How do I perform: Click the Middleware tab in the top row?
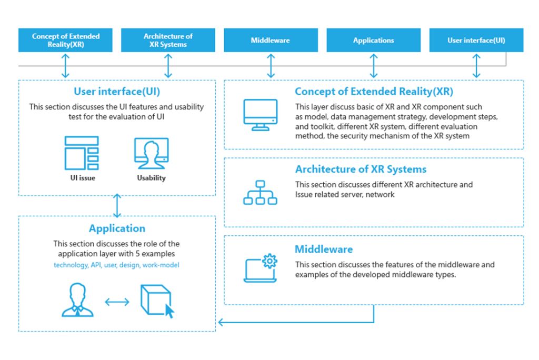[271, 41]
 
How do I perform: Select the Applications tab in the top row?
[373, 41]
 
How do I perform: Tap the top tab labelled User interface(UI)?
[476, 41]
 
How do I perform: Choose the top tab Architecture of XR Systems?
[168, 41]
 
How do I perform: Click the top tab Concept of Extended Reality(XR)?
[65, 41]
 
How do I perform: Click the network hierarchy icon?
[260, 192]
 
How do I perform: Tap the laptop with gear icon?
[261, 268]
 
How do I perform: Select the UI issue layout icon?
[82, 153]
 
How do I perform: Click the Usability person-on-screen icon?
[151, 153]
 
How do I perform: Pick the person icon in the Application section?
[77, 300]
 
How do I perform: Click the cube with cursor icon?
[157, 301]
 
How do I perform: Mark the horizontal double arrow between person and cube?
[117, 302]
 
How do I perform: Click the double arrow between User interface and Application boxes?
[117, 206]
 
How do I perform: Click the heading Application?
[117, 228]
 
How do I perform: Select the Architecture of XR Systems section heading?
[361, 169]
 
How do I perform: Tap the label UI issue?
[82, 178]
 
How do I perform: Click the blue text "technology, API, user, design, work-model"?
[116, 265]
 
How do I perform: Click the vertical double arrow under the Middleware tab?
[271, 66]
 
